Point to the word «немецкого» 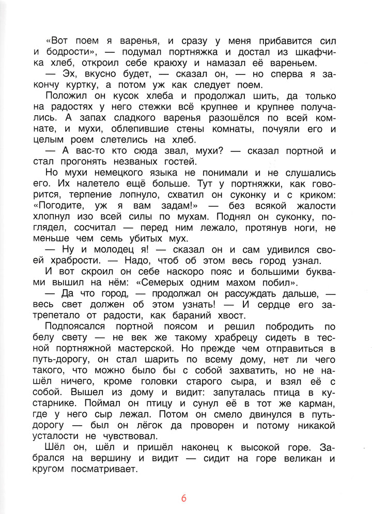pyautogui.click(x=114, y=173)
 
